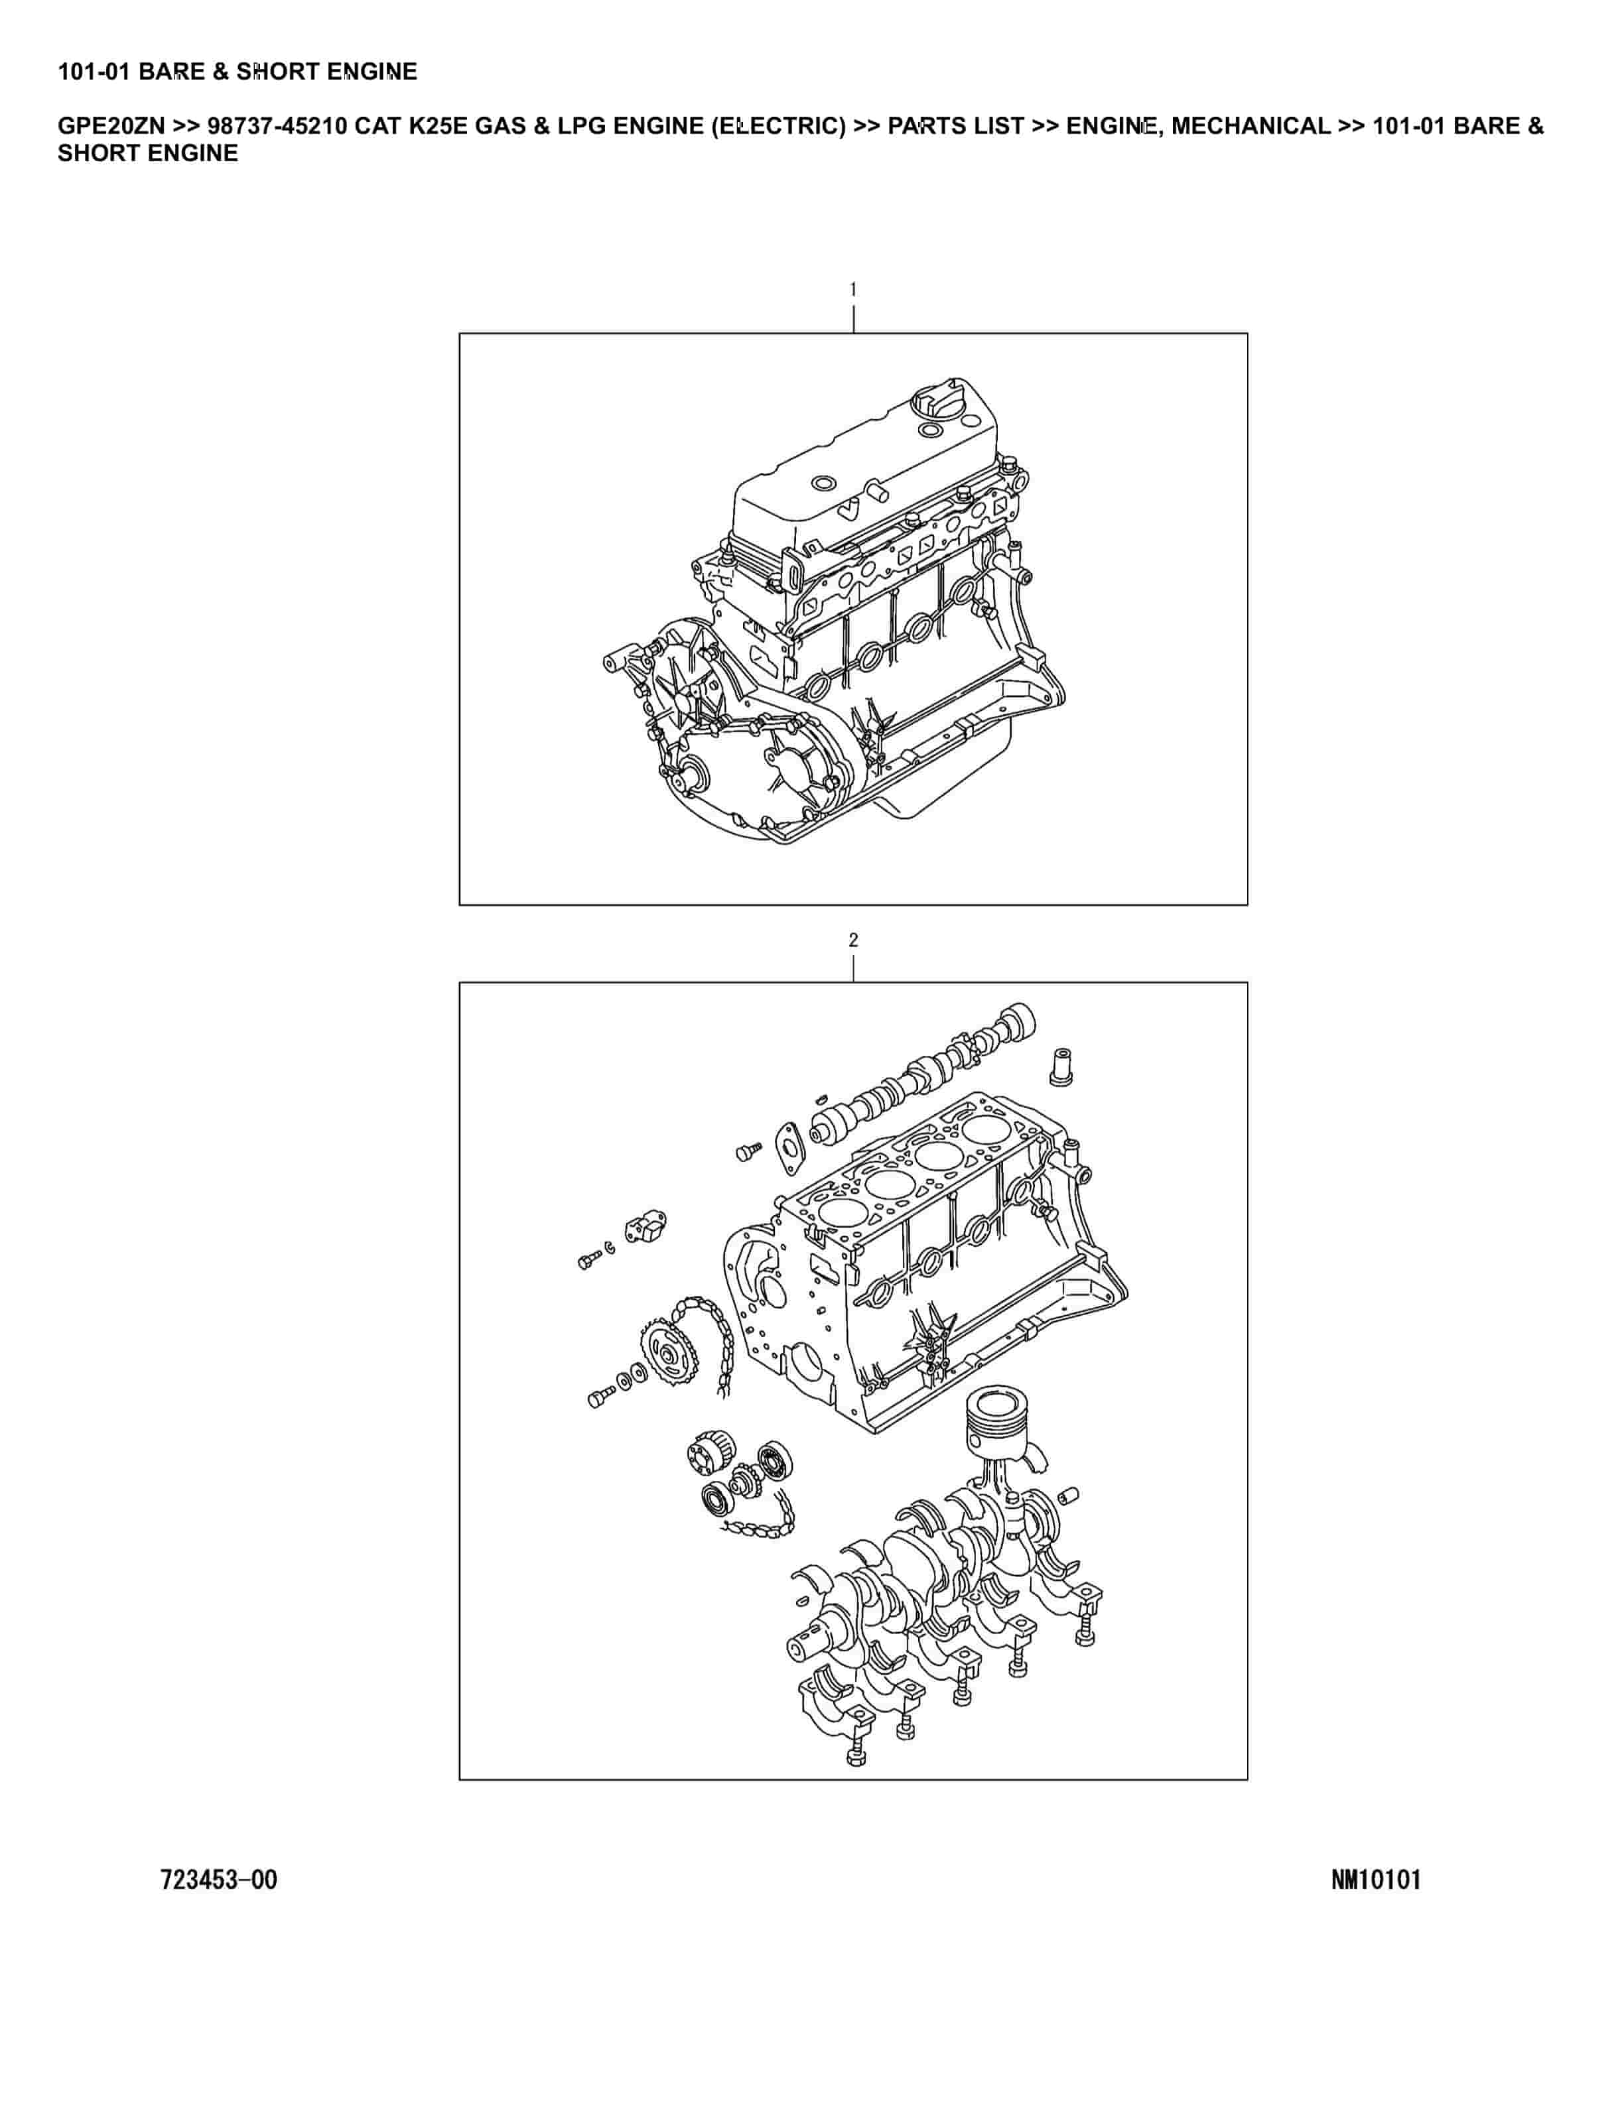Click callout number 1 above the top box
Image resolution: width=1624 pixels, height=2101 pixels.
pyautogui.click(x=852, y=288)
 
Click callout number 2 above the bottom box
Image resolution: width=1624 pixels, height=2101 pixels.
pyautogui.click(x=853, y=940)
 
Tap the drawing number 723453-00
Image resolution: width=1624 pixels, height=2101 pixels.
pyautogui.click(x=220, y=1879)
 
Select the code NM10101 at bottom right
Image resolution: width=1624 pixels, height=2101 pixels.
pyautogui.click(x=1376, y=1879)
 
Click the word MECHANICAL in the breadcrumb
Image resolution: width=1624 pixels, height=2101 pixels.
pyautogui.click(x=1251, y=126)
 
